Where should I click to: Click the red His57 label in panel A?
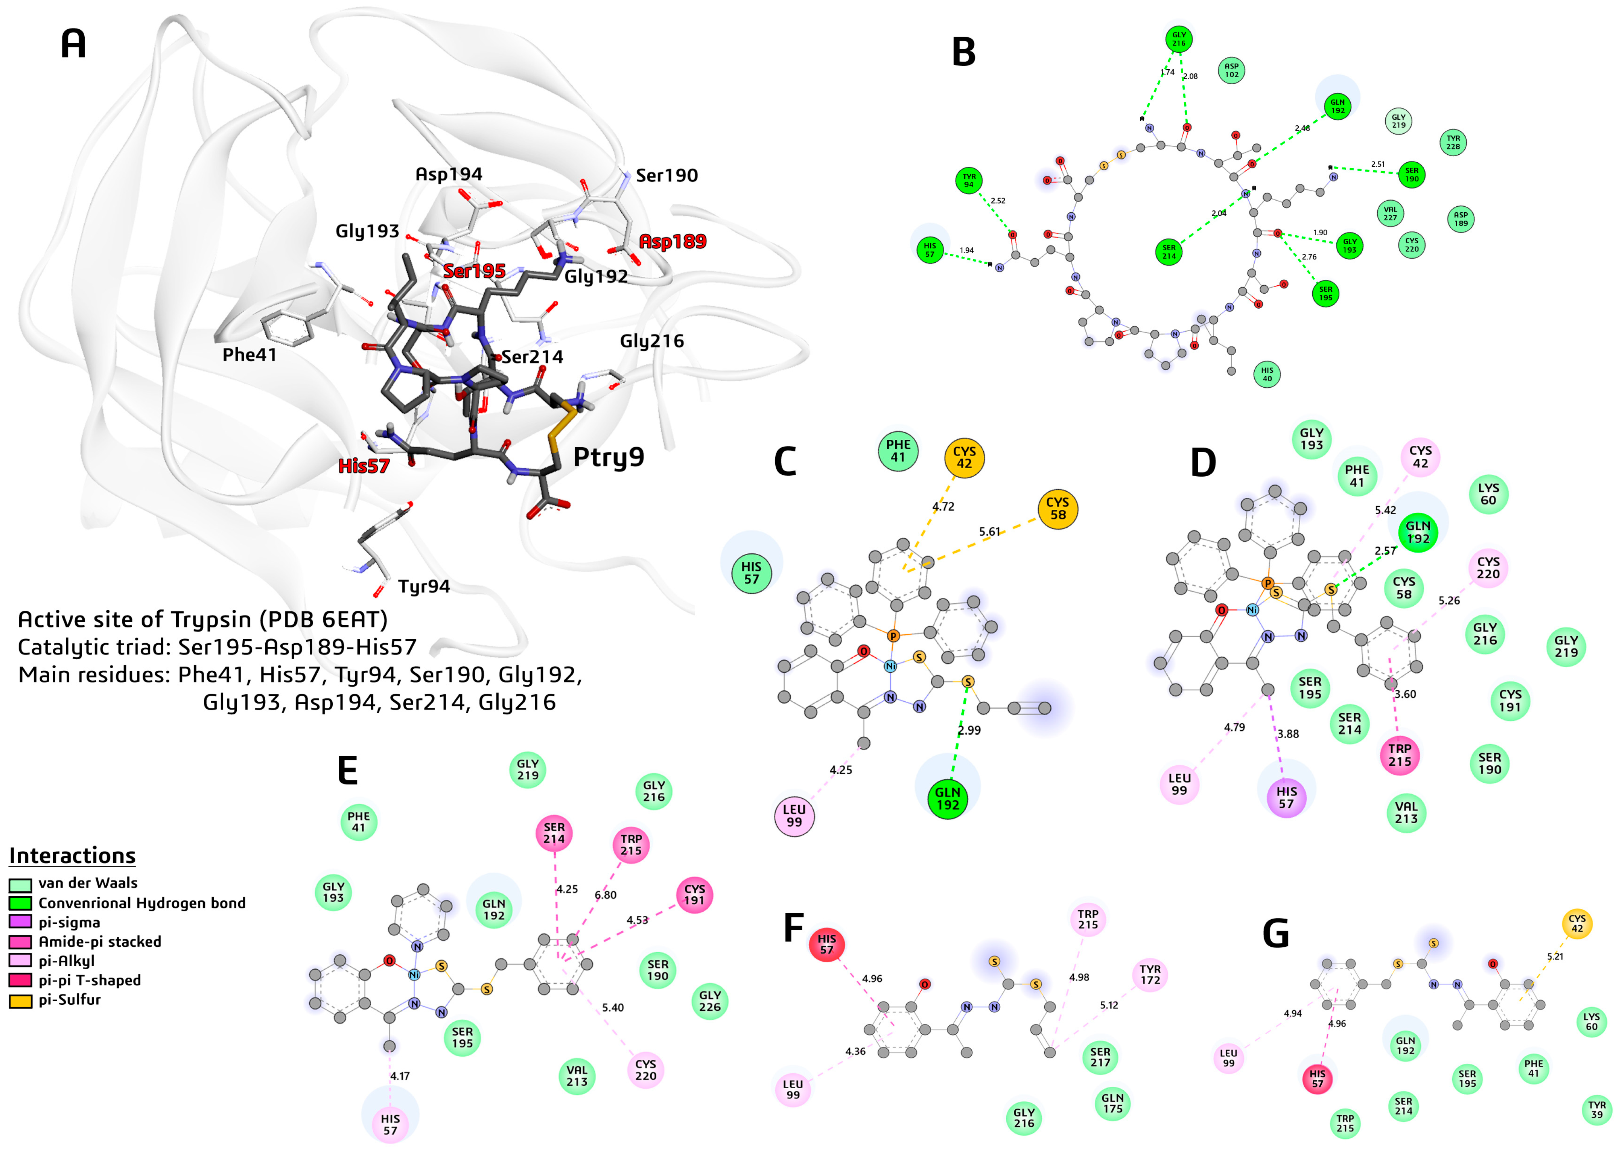[363, 466]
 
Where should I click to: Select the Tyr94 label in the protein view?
[424, 586]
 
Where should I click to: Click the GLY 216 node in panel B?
[1178, 39]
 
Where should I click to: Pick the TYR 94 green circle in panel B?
[968, 181]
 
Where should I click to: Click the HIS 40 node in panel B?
[1266, 374]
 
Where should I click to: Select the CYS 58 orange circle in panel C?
[1058, 509]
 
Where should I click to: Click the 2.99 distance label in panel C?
[969, 730]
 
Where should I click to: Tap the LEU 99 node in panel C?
[794, 816]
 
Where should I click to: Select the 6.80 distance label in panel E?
[605, 895]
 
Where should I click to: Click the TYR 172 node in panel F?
[1150, 975]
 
